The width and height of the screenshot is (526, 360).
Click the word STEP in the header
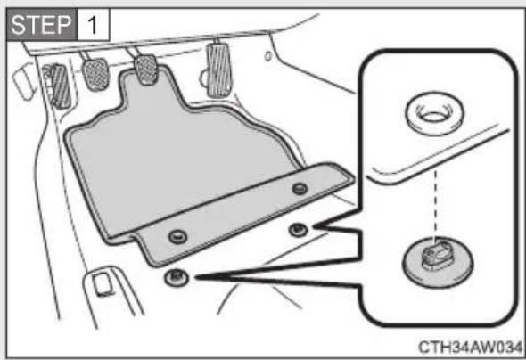pyautogui.click(x=41, y=25)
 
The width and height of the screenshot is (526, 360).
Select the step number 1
pyautogui.click(x=93, y=25)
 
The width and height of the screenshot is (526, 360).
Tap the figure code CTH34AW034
pyautogui.click(x=470, y=347)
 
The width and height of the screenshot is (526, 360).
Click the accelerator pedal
pyautogui.click(x=219, y=70)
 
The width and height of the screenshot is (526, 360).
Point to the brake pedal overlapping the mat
pyautogui.click(x=146, y=70)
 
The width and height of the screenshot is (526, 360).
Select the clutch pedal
pyautogui.click(x=96, y=75)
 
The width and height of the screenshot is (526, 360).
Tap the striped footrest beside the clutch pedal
pyautogui.click(x=60, y=86)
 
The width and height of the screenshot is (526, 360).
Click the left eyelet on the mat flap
pyautogui.click(x=177, y=237)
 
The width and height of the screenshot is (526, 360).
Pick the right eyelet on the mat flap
pyautogui.click(x=300, y=188)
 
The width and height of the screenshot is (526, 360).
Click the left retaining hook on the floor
pyautogui.click(x=177, y=277)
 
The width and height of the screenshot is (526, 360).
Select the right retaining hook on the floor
pyautogui.click(x=298, y=230)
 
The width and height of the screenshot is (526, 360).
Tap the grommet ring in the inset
pyautogui.click(x=435, y=114)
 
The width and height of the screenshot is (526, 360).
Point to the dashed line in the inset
pyautogui.click(x=435, y=204)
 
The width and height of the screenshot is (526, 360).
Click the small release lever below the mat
pyautogui.click(x=103, y=284)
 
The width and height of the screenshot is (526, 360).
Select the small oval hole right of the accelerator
pyautogui.click(x=268, y=56)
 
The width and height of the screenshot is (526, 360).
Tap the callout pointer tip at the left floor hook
pyautogui.click(x=196, y=277)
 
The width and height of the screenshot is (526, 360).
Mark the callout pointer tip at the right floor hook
pyautogui.click(x=316, y=227)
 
